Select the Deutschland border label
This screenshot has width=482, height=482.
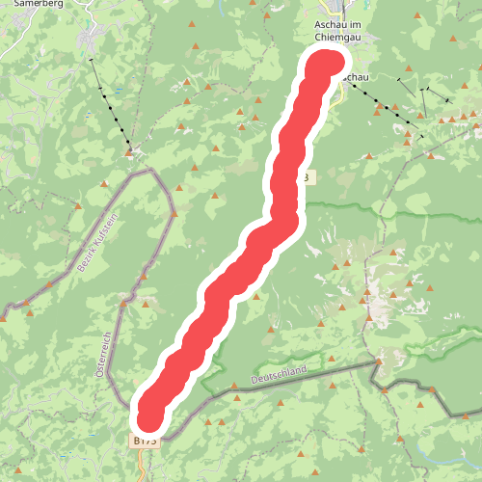(279, 374)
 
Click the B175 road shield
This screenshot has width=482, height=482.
(145, 441)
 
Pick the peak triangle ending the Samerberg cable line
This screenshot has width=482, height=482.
(128, 150)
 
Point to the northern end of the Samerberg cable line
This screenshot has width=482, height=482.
(92, 60)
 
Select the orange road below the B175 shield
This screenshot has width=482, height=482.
(143, 463)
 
